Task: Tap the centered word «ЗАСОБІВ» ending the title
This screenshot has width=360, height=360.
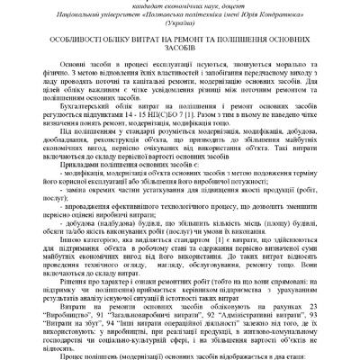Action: tap(179, 64)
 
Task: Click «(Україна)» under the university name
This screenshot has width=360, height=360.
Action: tap(179, 30)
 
